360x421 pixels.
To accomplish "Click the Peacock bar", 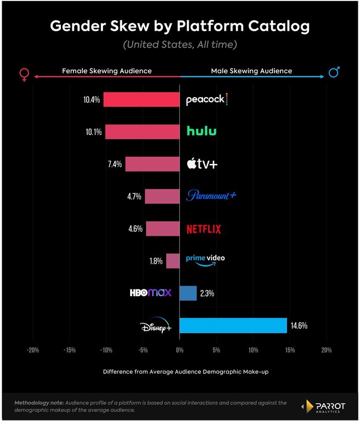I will click(x=142, y=100).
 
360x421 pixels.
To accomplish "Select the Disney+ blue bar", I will click(x=233, y=326).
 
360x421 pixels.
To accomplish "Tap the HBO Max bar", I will click(x=188, y=293).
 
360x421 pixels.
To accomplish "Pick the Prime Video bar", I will click(x=173, y=261).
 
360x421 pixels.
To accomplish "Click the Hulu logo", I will click(x=201, y=131).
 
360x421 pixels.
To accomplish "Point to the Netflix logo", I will click(x=204, y=229).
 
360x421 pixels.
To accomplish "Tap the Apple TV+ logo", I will click(x=203, y=163).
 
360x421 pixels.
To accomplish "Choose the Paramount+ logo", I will click(x=211, y=196).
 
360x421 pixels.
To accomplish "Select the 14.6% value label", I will click(x=299, y=326).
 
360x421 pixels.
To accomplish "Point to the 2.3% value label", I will click(x=207, y=293).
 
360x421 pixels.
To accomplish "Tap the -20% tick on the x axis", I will click(x=33, y=350).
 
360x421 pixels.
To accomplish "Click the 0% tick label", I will click(x=179, y=350).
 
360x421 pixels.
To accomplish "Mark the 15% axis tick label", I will click(x=290, y=350).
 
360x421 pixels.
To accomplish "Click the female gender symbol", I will click(x=24, y=74).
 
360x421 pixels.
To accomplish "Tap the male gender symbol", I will click(x=334, y=72).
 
